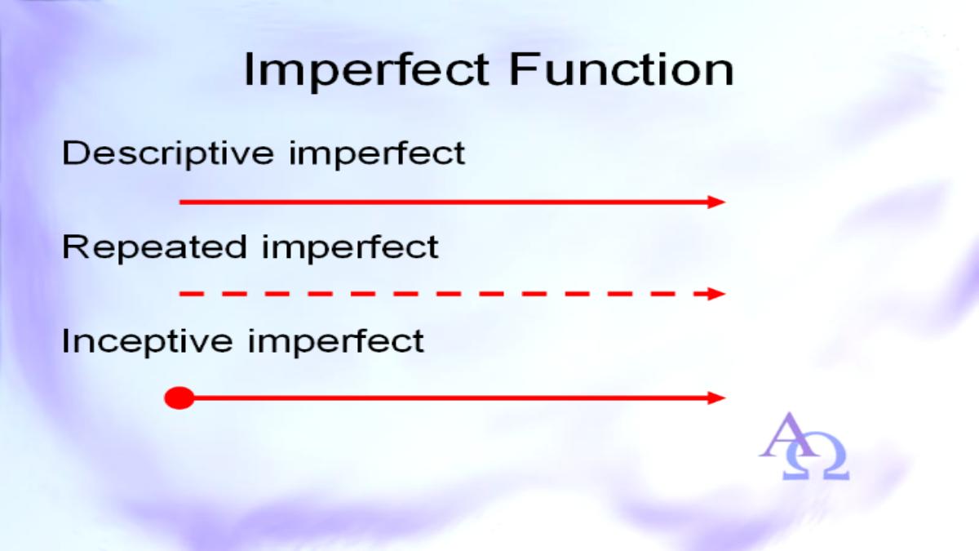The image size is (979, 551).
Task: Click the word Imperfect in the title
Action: click(366, 71)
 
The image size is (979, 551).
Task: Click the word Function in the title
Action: click(622, 70)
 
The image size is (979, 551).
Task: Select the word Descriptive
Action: click(168, 154)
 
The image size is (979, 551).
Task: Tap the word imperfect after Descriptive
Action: click(377, 154)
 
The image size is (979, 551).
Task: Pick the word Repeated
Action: click(155, 248)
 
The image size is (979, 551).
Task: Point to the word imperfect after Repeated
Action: click(351, 248)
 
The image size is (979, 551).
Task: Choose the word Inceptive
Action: click(148, 341)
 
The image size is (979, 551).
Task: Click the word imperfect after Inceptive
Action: click(335, 341)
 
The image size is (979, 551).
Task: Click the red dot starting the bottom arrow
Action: click(179, 398)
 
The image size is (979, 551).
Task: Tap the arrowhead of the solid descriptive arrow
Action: click(717, 202)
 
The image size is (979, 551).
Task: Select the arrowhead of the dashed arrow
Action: click(717, 294)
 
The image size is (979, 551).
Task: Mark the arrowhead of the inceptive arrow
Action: click(717, 398)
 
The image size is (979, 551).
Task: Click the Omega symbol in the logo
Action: click(816, 457)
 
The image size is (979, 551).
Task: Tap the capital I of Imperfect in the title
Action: click(249, 70)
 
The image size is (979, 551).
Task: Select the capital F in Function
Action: click(523, 70)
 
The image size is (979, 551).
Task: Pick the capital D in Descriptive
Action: click(76, 153)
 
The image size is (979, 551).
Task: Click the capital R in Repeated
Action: click(76, 247)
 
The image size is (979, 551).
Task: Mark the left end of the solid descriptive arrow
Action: click(179, 202)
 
